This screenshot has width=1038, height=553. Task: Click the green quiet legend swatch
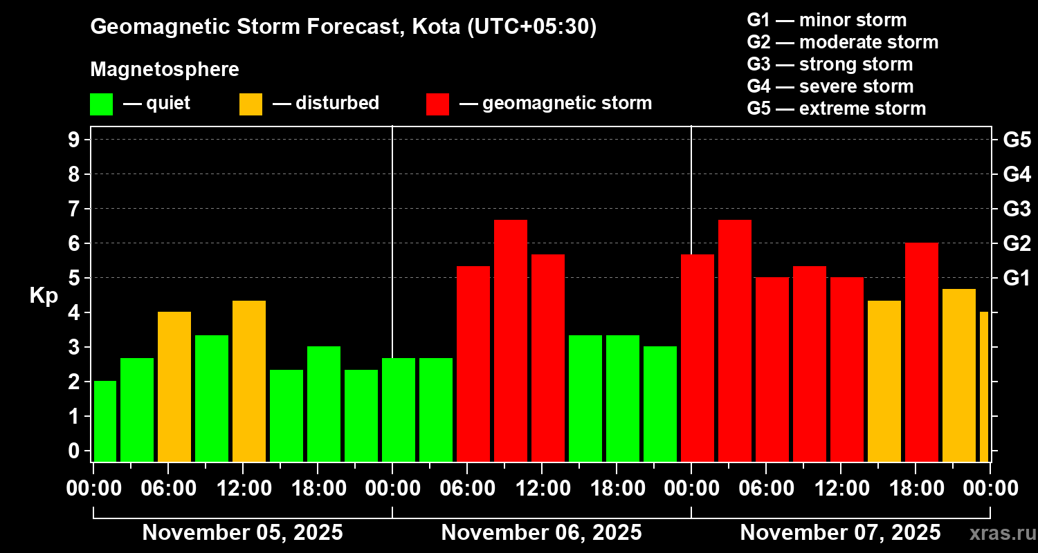101,104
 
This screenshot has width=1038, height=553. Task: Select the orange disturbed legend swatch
251,104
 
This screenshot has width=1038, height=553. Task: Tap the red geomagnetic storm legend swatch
437,104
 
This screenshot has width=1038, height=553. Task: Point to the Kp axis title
44,295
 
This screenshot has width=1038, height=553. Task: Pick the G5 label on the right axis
1017,140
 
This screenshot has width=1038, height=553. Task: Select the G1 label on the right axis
1017,279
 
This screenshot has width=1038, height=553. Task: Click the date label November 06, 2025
541,533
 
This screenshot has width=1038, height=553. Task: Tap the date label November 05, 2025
242,533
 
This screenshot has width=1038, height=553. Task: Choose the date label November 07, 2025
840,533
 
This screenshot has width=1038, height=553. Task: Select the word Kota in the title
437,27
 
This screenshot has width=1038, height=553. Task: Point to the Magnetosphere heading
165,70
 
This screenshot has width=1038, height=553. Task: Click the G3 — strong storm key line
830,64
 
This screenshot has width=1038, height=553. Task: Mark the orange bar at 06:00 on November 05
174,386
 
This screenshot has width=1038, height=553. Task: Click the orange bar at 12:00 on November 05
249,381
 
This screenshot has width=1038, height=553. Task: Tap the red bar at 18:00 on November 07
922,352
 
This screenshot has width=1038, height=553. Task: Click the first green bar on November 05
105,421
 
